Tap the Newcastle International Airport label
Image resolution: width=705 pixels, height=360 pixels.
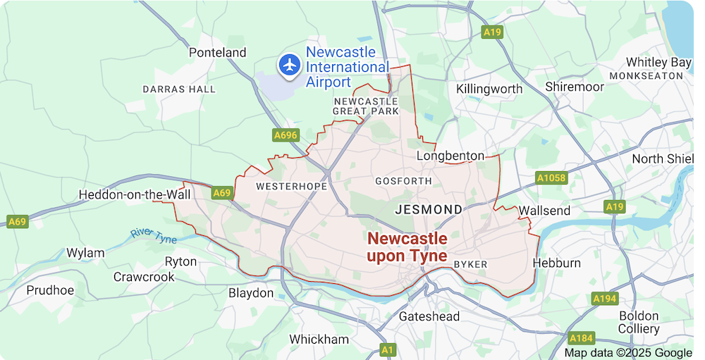(347, 67)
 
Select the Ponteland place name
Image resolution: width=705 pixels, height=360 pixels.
(218, 52)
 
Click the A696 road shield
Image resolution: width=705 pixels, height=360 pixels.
(286, 134)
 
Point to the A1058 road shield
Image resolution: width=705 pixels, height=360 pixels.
(551, 178)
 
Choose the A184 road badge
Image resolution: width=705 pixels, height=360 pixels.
(582, 337)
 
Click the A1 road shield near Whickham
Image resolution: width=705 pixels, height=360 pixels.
(387, 349)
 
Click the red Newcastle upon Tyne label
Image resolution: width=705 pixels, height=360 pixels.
(407, 247)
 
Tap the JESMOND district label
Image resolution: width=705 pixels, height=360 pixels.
(429, 209)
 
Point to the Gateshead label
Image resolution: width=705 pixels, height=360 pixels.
(429, 316)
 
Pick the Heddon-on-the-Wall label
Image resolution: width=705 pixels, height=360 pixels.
(130, 194)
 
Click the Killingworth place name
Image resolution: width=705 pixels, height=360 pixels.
(489, 89)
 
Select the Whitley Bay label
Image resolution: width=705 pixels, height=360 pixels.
(658, 62)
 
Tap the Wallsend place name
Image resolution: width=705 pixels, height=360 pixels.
(544, 211)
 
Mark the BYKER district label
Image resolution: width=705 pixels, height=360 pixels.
(470, 264)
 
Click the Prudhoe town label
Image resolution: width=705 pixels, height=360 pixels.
(50, 290)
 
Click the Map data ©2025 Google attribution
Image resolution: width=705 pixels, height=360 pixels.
(628, 352)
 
